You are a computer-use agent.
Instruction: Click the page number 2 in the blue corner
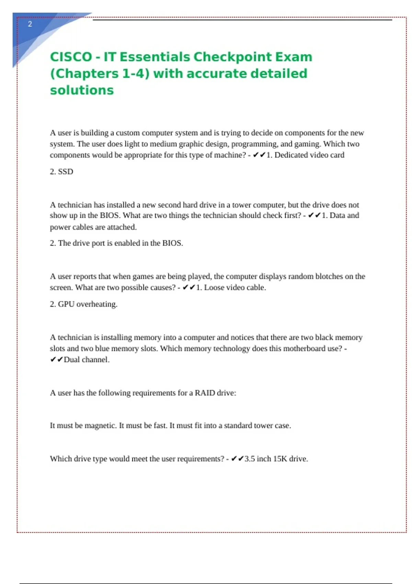30,24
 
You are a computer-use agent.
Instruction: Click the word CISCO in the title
71,57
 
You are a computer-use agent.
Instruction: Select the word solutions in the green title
82,90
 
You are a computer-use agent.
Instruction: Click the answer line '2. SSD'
61,172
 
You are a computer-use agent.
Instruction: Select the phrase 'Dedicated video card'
309,155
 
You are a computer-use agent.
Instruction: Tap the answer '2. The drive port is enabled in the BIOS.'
116,243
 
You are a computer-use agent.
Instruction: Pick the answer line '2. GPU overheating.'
83,304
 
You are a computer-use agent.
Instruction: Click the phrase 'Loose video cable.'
235,288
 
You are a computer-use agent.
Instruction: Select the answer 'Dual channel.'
87,360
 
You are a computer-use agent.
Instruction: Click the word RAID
205,393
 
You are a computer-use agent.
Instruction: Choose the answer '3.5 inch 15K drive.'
276,459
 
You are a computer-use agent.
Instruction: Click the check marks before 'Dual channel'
56,360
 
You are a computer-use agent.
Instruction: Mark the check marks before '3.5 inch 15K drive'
237,459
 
